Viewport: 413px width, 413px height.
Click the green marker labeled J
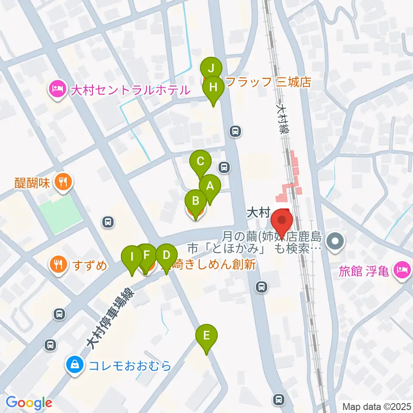(211, 68)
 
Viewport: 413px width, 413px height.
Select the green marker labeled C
(200, 162)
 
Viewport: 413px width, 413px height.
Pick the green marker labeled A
(210, 186)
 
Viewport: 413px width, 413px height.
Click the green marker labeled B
(195, 201)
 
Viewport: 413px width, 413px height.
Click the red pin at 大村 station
(282, 220)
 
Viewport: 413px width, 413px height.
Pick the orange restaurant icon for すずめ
(57, 263)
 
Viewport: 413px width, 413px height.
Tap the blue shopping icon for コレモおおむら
(75, 366)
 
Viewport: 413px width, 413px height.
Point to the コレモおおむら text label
(130, 366)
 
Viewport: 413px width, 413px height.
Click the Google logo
(29, 403)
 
